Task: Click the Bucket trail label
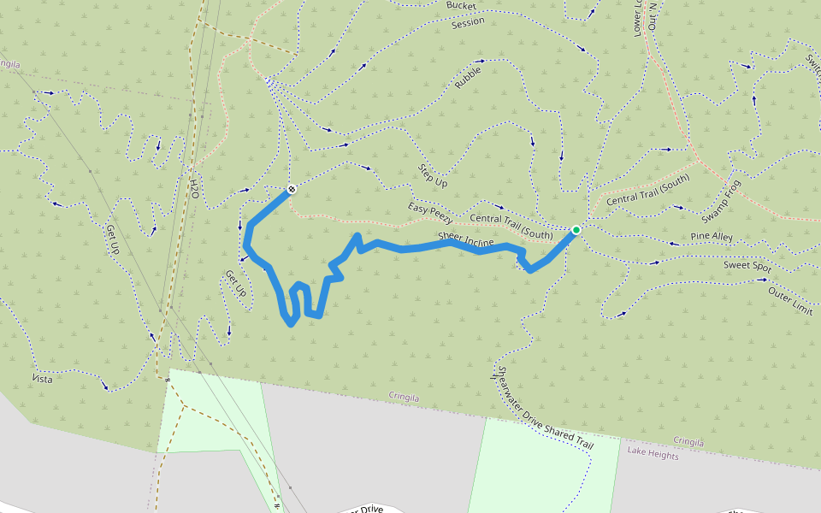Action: click(x=461, y=5)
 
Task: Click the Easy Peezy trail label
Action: click(x=429, y=210)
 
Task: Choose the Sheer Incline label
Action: click(x=466, y=241)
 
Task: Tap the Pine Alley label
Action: click(x=712, y=236)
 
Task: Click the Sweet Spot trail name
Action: click(x=747, y=266)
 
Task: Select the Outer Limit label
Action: click(x=790, y=301)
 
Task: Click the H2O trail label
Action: click(x=195, y=189)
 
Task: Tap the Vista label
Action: click(x=42, y=379)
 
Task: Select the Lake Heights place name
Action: click(x=653, y=456)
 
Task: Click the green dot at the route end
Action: click(x=576, y=230)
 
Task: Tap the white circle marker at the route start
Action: click(x=292, y=189)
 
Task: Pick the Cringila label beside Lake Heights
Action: click(x=688, y=442)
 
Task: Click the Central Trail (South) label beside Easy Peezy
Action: click(x=511, y=225)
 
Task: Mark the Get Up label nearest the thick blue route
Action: click(x=235, y=284)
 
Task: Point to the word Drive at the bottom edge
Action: click(x=370, y=510)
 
